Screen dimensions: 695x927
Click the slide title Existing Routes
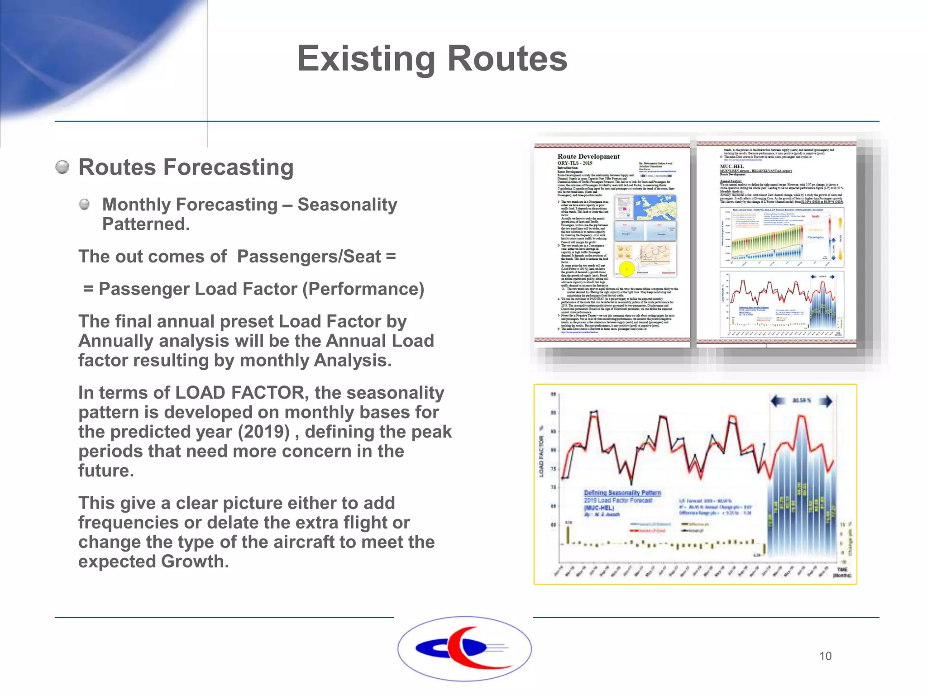coord(432,59)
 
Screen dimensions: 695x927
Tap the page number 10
coord(825,656)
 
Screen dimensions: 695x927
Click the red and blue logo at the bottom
coord(464,648)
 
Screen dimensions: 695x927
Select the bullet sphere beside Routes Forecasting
coord(62,167)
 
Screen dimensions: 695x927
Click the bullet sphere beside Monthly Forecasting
coord(84,205)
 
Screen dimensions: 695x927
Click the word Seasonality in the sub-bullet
coord(347,205)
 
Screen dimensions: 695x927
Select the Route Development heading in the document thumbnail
coord(588,157)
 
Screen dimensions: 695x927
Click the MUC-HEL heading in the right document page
coord(731,167)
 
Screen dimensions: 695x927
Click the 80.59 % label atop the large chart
coord(802,400)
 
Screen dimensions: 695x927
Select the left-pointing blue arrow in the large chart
coord(779,401)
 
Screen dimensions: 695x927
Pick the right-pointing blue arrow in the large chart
coord(826,401)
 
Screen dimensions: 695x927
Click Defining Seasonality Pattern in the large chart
coord(622,493)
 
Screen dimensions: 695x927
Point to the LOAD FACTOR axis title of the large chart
coord(541,456)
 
